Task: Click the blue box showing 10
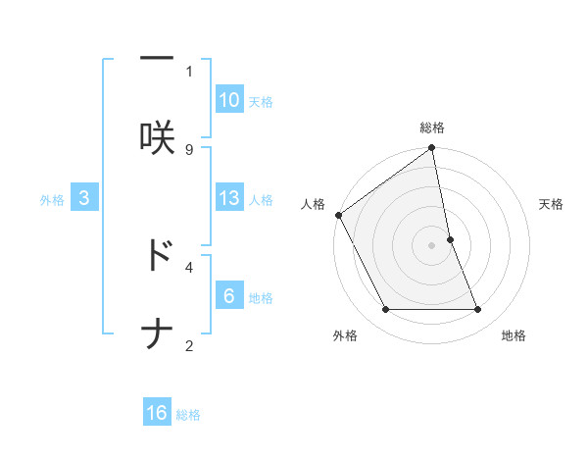pos(229,100)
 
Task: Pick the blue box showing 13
pos(229,198)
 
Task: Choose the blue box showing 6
pos(229,296)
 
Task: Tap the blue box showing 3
pos(84,198)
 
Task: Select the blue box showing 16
pos(157,413)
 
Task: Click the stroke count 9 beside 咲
pos(189,149)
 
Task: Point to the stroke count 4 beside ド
pos(189,266)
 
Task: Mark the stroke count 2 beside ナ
pos(189,345)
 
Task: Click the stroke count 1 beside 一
pos(189,71)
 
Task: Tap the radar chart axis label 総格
pos(432,128)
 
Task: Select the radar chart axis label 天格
pos(551,204)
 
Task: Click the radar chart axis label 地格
pos(514,335)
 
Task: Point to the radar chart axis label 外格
pos(345,335)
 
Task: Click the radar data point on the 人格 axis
pos(339,215)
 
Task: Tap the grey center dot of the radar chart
pos(432,245)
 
